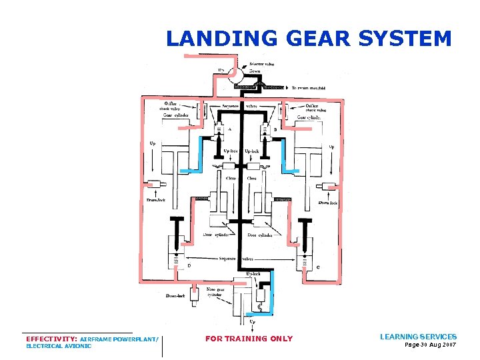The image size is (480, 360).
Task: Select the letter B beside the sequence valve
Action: [275, 129]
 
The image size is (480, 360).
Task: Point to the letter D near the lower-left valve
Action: [189, 265]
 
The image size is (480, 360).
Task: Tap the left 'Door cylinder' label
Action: [218, 235]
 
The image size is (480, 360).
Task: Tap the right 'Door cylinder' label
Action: [261, 235]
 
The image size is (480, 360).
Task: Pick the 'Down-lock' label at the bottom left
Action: [175, 295]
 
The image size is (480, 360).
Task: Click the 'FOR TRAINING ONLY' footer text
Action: [249, 339]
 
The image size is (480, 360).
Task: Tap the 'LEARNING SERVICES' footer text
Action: [418, 337]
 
